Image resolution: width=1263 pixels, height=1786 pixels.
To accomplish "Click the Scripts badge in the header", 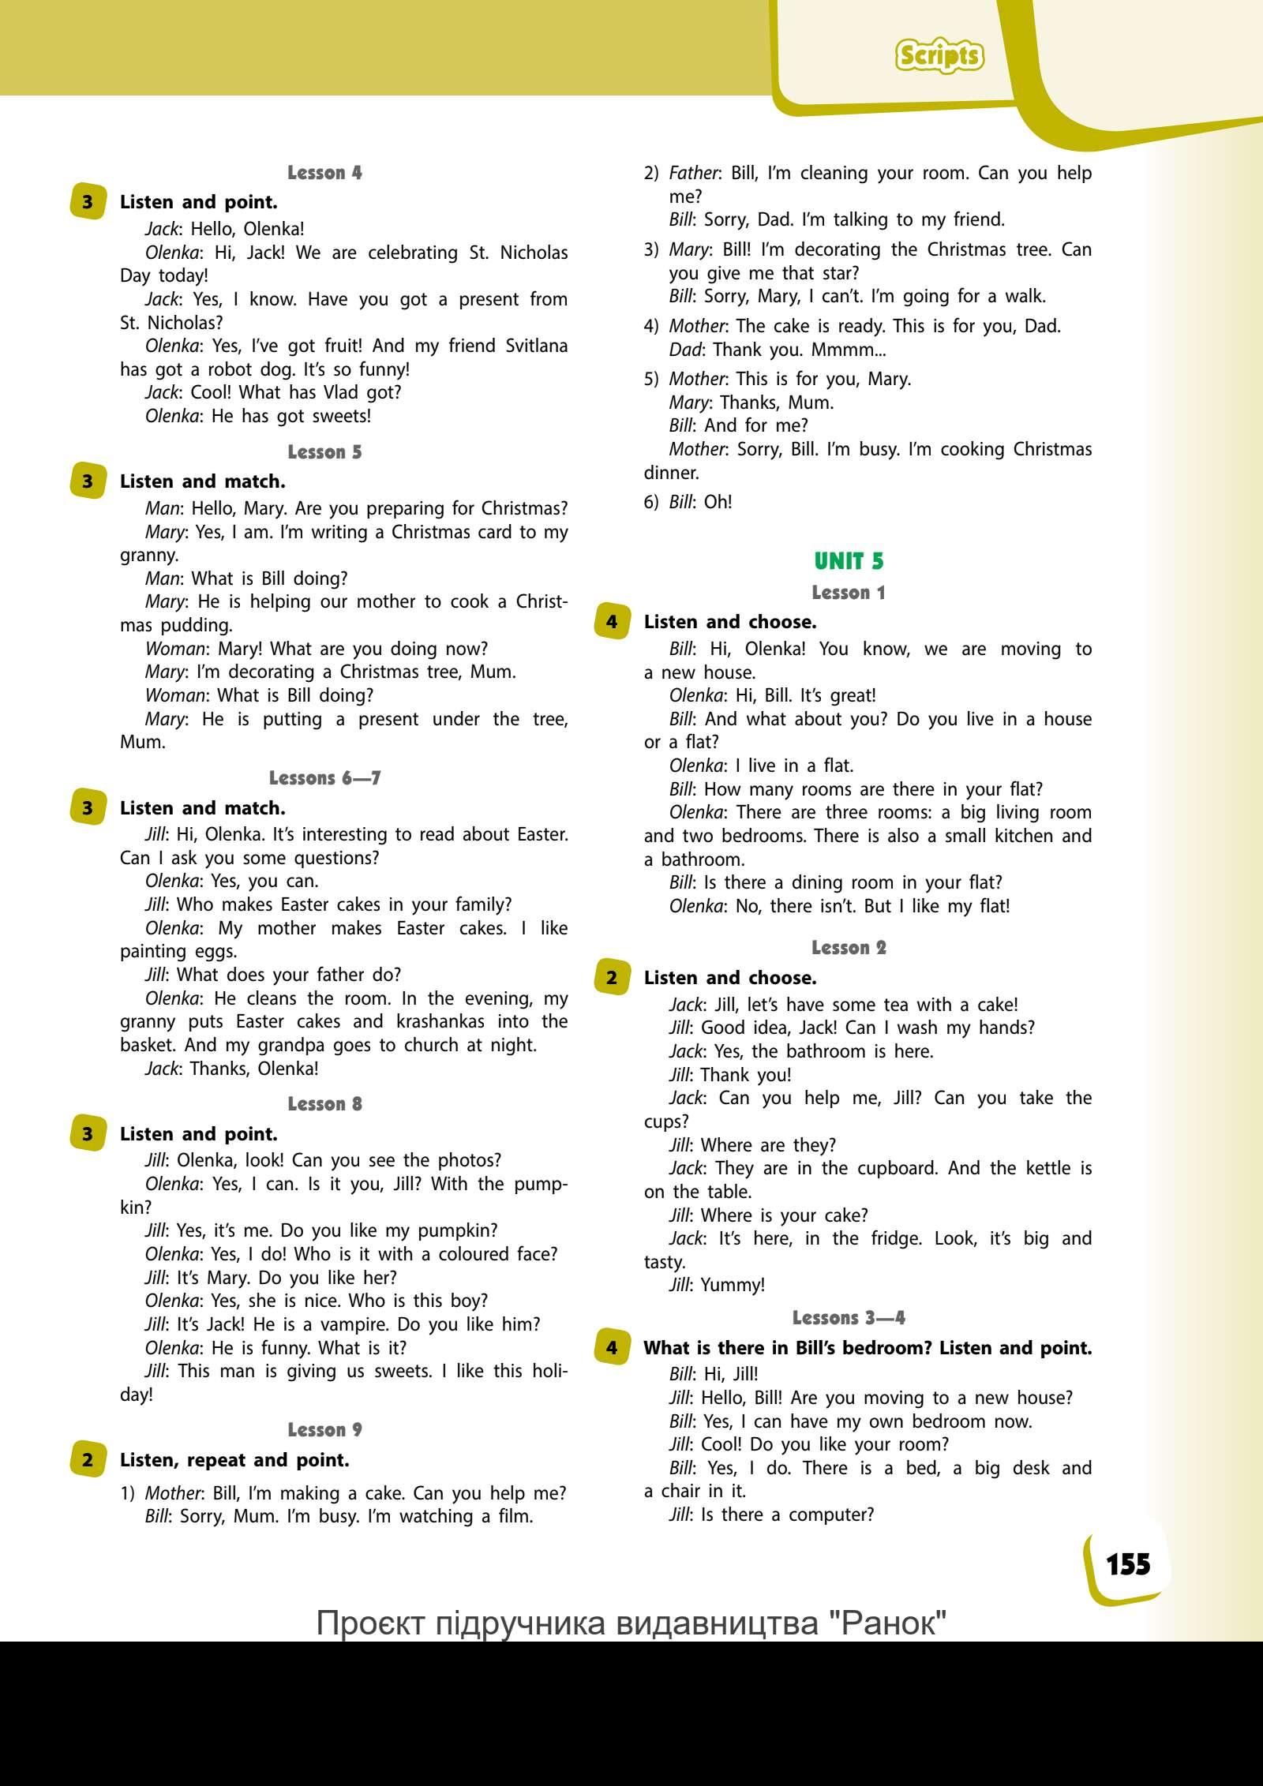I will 939,56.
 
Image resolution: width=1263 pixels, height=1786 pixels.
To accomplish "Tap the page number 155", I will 1128,1563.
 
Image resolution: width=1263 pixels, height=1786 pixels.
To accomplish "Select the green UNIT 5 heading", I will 849,561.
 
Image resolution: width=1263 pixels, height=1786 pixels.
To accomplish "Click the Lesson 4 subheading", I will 324,173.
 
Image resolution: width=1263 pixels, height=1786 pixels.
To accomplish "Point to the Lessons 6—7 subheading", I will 324,778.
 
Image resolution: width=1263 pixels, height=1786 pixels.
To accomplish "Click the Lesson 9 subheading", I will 324,1429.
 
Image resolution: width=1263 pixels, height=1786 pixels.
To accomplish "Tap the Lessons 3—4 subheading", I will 849,1317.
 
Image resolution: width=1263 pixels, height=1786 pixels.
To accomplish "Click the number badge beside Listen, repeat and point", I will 87,1459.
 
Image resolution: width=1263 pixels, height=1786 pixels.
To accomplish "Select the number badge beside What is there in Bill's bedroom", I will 612,1347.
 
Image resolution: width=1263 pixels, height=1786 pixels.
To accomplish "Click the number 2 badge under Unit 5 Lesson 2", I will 612,977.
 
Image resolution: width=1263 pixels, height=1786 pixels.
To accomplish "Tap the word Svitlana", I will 530,346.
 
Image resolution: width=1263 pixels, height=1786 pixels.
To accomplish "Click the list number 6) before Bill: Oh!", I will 651,502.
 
